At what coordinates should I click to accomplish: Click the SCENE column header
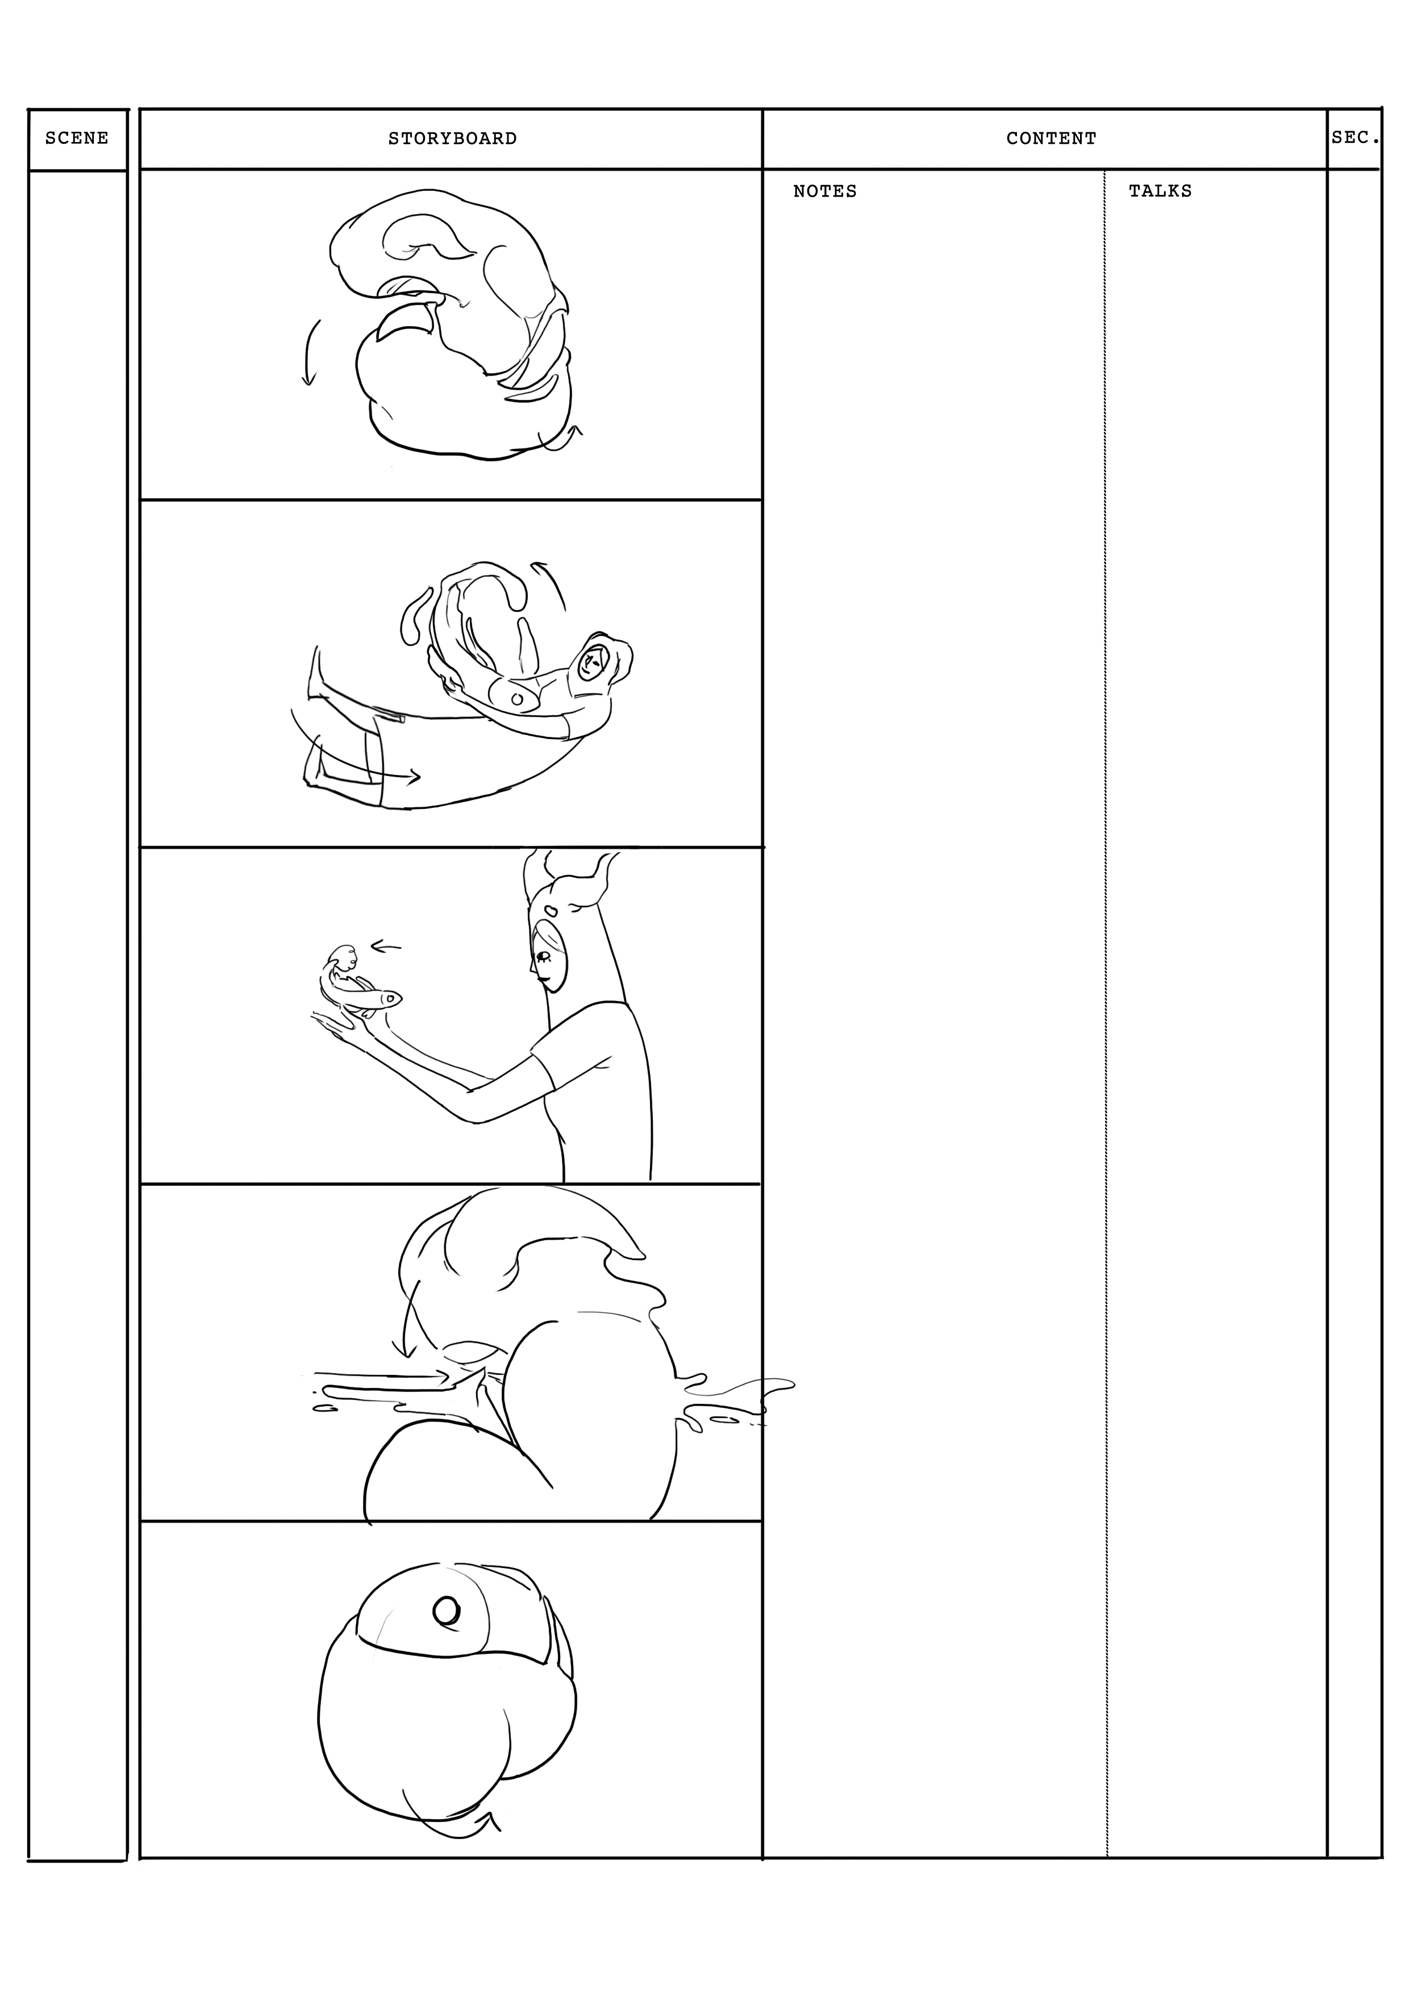point(77,138)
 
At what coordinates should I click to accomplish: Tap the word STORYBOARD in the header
point(452,138)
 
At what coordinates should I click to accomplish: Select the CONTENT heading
point(1051,138)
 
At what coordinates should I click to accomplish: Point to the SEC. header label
point(1355,137)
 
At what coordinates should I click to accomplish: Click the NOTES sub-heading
point(825,191)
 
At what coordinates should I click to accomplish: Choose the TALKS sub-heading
point(1160,191)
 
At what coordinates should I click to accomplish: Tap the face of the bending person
point(593,666)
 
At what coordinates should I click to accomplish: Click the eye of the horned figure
point(544,957)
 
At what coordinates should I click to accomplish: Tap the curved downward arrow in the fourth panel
point(403,1327)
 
